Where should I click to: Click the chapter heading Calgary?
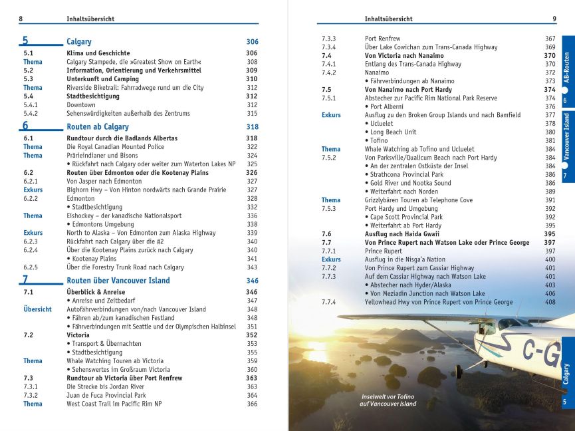(79, 41)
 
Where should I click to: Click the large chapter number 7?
(25, 280)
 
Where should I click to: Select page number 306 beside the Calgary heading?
(252, 42)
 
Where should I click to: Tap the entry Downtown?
(81, 104)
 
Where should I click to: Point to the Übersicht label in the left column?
(37, 309)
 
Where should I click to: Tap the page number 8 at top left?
(21, 19)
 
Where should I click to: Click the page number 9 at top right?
(554, 19)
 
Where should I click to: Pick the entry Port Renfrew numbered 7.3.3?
(383, 39)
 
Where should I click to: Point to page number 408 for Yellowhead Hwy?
(550, 302)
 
